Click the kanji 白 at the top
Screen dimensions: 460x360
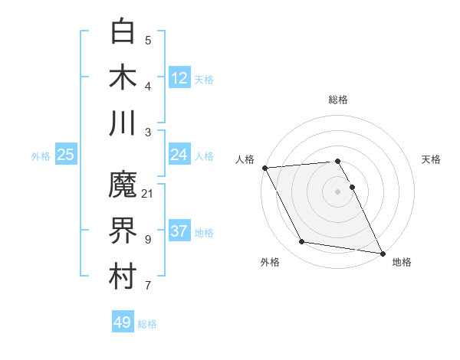pos(123,32)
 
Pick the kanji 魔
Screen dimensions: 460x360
pos(123,185)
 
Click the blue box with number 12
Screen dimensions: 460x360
pos(179,77)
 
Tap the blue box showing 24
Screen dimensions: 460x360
pos(179,155)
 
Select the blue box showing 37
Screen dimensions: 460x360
pos(179,231)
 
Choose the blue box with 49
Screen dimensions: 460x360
pos(123,322)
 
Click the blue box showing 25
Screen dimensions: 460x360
pos(66,155)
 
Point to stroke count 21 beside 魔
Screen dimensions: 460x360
pos(148,193)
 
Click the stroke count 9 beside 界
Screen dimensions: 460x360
pos(148,240)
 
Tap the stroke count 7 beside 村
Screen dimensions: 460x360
pos(148,286)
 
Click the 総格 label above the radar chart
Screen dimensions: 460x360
pos(338,100)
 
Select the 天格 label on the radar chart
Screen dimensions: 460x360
pos(431,159)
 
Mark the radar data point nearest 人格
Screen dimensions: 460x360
pos(264,167)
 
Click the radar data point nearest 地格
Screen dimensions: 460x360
pos(382,252)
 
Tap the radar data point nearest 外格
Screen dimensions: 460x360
pos(302,242)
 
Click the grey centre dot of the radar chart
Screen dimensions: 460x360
pos(338,191)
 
